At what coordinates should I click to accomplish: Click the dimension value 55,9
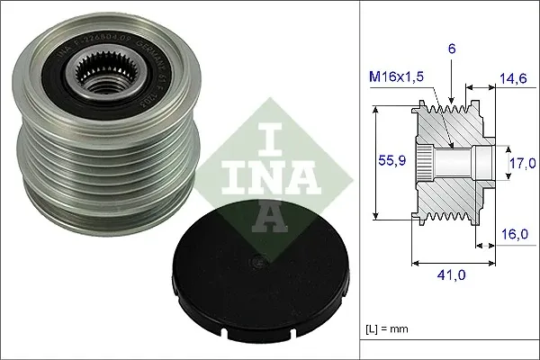click(387, 163)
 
